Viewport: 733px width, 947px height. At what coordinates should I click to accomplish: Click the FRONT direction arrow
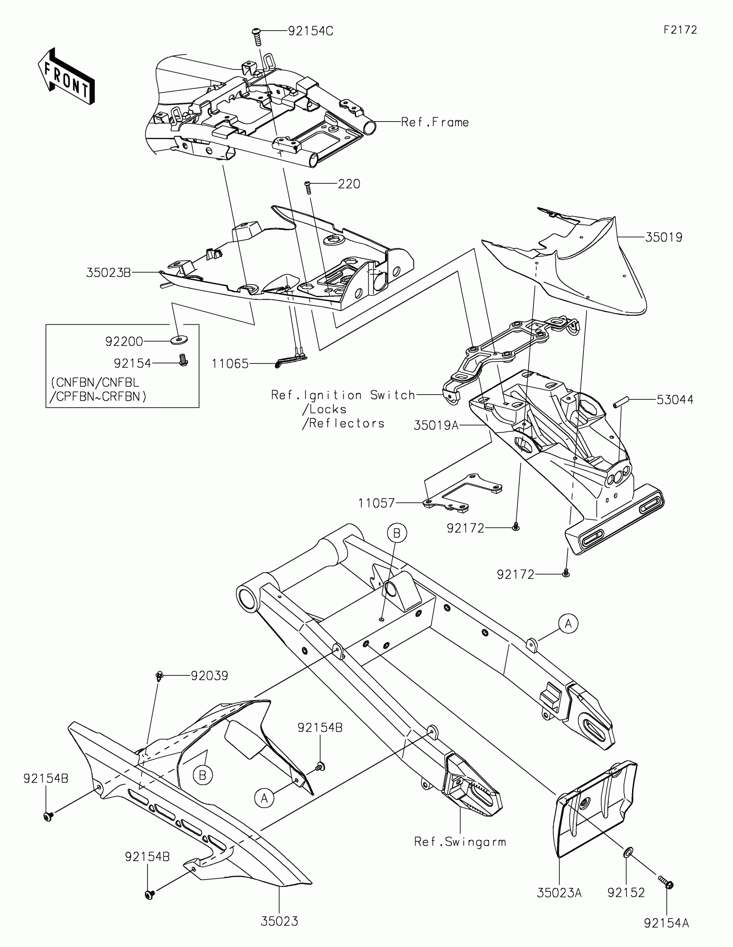66,76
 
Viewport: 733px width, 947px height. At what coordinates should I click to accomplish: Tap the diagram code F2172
680,30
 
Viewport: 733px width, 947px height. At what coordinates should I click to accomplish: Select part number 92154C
310,31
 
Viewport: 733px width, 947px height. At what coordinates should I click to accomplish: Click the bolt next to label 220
309,187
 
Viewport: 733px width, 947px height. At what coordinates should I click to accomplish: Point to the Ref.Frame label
435,122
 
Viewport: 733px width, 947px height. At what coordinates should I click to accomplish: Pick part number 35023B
108,273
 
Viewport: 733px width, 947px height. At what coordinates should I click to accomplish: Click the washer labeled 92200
178,341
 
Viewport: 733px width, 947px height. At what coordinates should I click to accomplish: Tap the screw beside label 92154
183,361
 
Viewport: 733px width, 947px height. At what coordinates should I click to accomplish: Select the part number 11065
230,364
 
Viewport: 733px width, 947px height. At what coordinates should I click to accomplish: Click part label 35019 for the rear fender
664,237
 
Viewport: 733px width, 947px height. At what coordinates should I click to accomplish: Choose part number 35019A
435,425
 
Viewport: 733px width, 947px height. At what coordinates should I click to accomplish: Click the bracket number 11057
376,503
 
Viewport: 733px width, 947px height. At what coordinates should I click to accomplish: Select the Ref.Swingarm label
460,842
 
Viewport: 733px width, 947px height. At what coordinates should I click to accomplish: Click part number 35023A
559,893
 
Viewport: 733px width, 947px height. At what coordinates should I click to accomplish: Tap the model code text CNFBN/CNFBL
94,383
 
